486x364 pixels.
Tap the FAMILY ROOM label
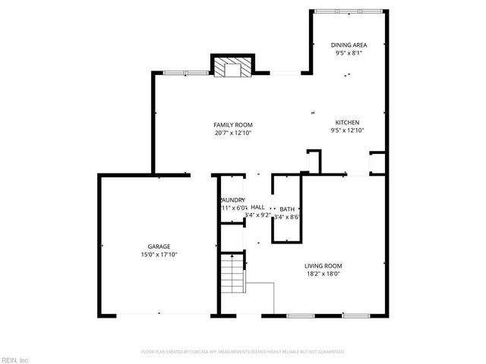pyautogui.click(x=232, y=125)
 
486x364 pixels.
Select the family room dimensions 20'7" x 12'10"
pyautogui.click(x=232, y=133)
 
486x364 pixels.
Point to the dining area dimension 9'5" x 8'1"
pyautogui.click(x=349, y=54)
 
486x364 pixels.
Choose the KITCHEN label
pyautogui.click(x=348, y=122)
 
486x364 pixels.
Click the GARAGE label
pyautogui.click(x=159, y=246)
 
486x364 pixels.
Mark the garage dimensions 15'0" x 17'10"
pyautogui.click(x=159, y=255)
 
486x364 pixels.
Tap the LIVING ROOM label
pyautogui.click(x=323, y=265)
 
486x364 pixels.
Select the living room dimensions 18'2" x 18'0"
pyautogui.click(x=323, y=274)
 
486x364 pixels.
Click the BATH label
pyautogui.click(x=287, y=209)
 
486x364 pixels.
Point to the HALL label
pyautogui.click(x=257, y=207)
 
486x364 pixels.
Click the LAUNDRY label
pyautogui.click(x=232, y=199)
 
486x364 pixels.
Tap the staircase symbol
pyautogui.click(x=232, y=275)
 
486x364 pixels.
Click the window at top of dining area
pyautogui.click(x=339, y=10)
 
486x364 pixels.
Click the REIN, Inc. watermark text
pyautogui.click(x=14, y=359)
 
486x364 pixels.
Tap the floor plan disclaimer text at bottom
pyautogui.click(x=243, y=352)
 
